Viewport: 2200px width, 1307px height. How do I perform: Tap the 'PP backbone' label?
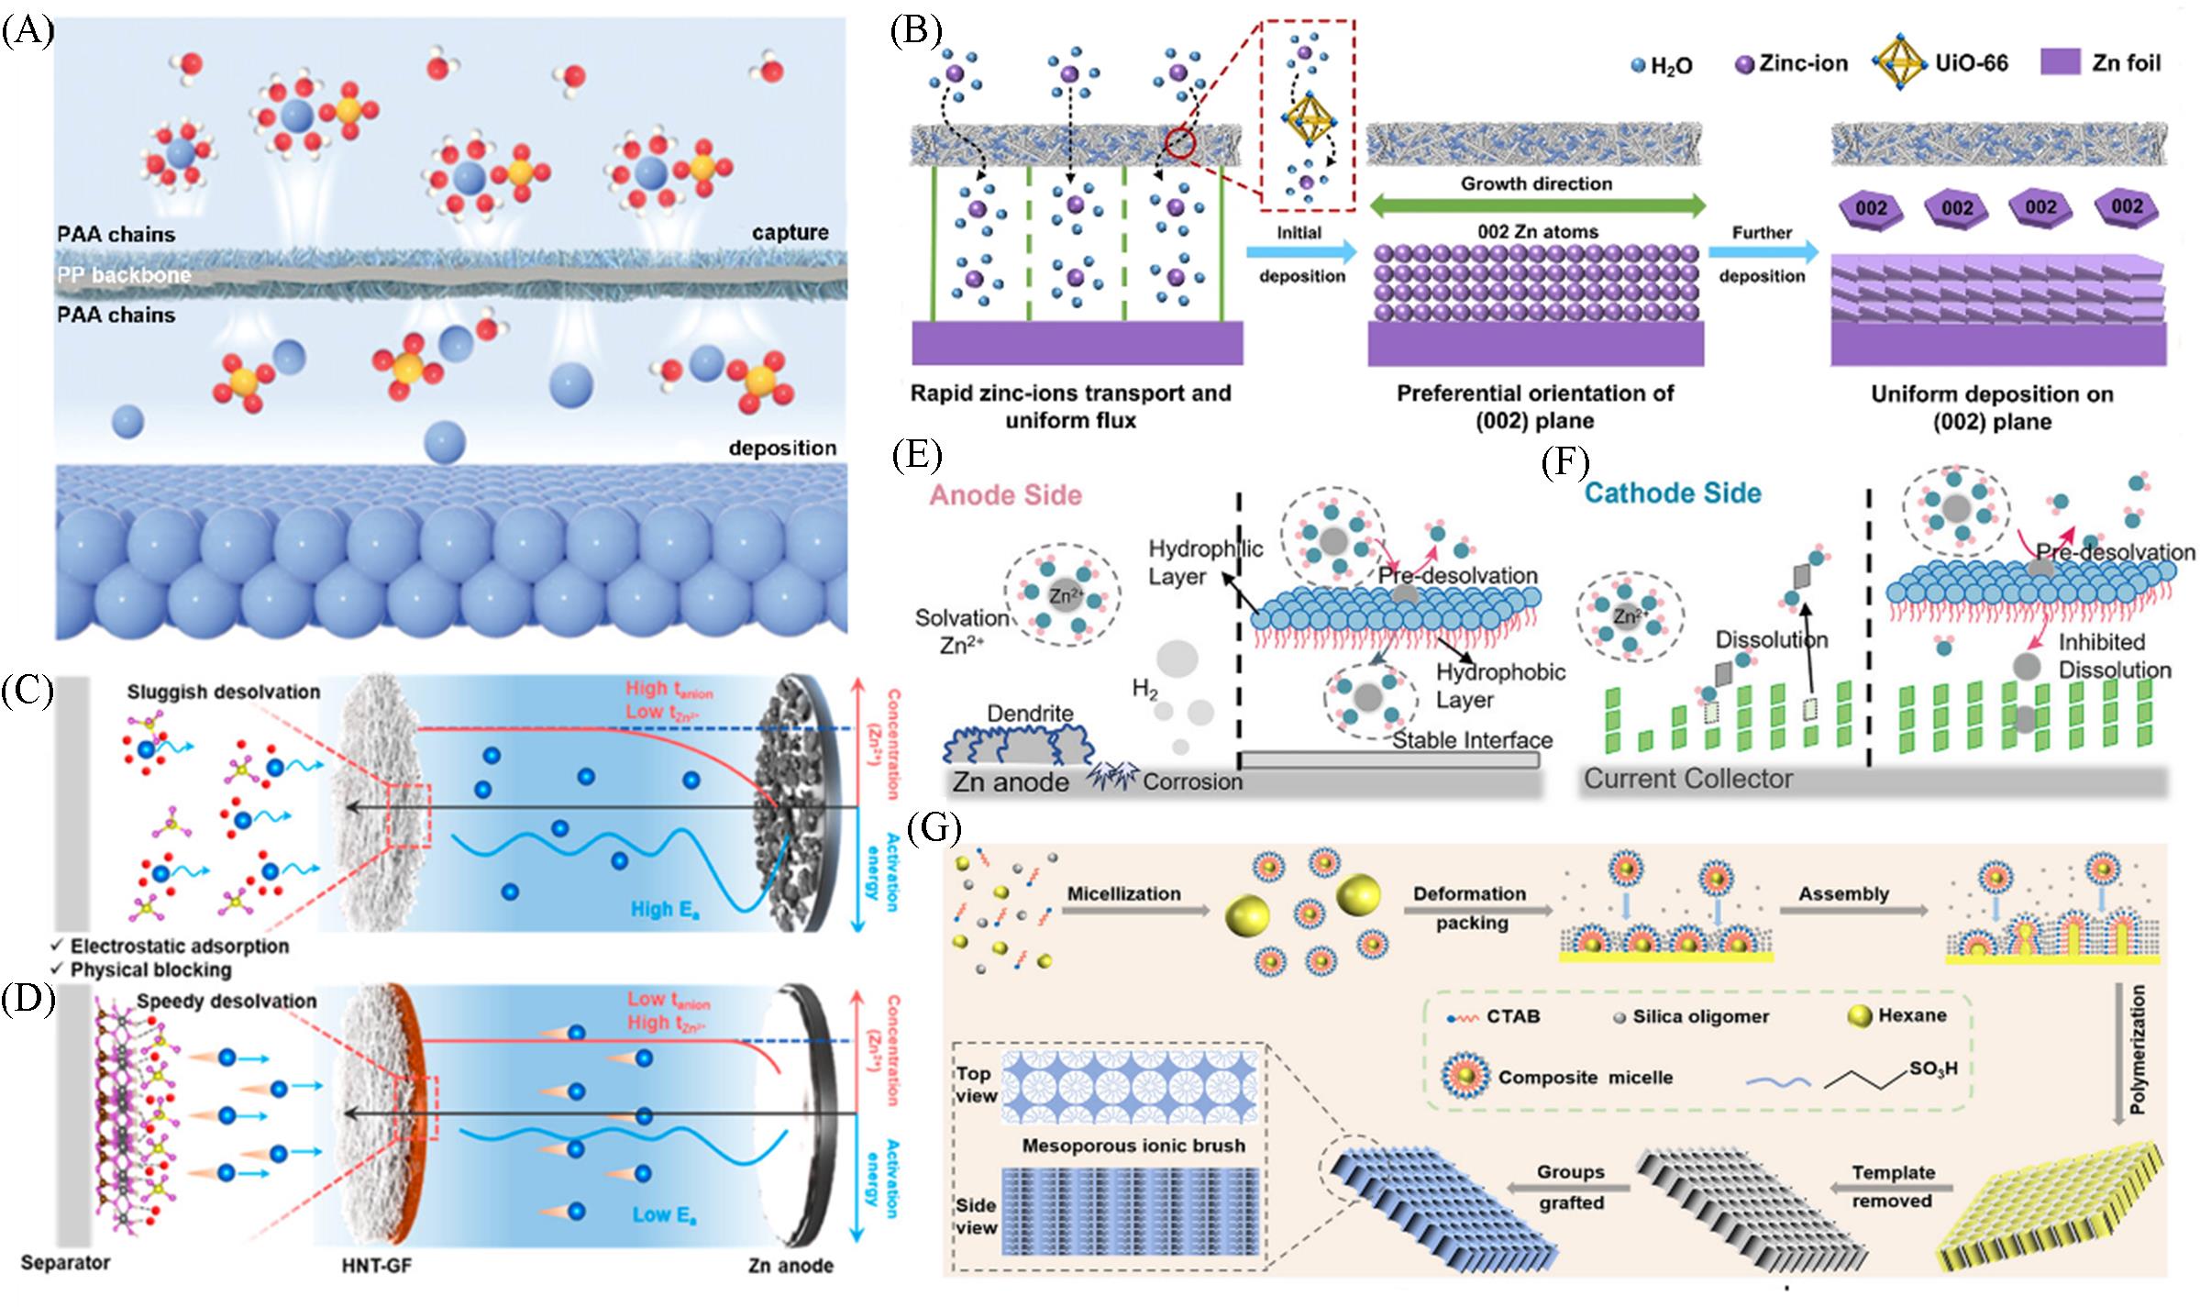point(124,275)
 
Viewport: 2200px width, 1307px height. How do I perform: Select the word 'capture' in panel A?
point(790,233)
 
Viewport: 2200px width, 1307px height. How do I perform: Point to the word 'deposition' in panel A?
point(782,448)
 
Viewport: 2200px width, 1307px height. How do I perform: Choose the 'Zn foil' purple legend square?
point(2064,62)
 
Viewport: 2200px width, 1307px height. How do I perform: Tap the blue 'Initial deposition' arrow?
point(1300,251)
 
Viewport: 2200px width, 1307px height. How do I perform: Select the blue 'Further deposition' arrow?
point(1763,252)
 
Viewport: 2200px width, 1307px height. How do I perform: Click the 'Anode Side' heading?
point(1005,495)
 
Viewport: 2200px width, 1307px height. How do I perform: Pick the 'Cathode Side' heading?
point(1673,493)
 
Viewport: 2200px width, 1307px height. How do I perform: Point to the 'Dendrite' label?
point(1030,713)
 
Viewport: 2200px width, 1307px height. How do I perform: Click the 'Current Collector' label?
point(1688,779)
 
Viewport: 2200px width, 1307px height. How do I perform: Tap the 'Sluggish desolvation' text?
point(224,692)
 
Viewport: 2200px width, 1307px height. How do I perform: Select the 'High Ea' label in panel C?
point(665,910)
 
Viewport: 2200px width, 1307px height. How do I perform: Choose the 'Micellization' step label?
point(1123,893)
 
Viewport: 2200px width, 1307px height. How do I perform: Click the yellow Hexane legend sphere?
point(1860,1016)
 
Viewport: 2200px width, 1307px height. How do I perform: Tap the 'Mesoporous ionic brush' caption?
point(1133,1146)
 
